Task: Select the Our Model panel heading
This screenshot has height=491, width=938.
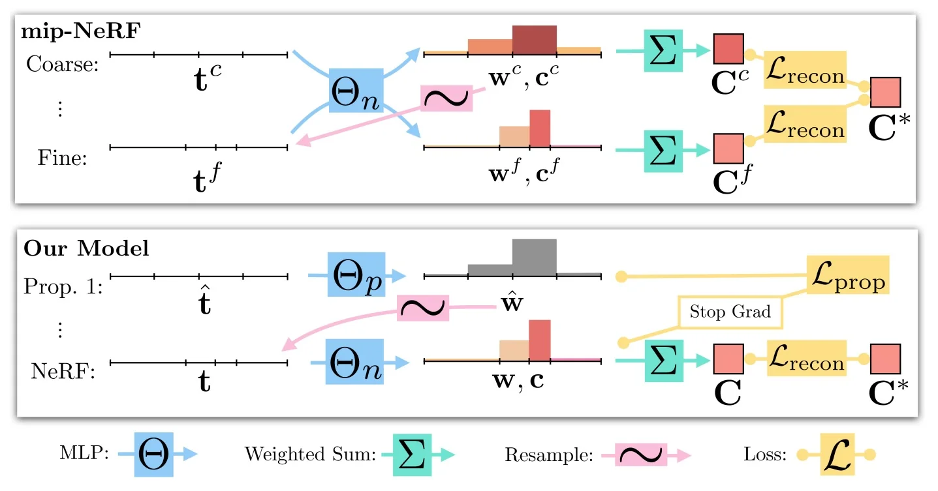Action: pos(86,248)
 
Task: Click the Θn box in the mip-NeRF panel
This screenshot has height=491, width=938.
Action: pos(356,90)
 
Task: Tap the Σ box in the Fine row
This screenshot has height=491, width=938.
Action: pos(663,151)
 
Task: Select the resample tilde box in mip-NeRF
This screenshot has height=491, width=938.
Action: pos(446,97)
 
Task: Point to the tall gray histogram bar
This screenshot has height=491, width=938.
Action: pos(534,258)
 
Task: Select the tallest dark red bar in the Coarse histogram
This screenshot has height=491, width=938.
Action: pos(534,39)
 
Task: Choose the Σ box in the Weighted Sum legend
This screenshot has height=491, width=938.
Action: pos(403,454)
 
